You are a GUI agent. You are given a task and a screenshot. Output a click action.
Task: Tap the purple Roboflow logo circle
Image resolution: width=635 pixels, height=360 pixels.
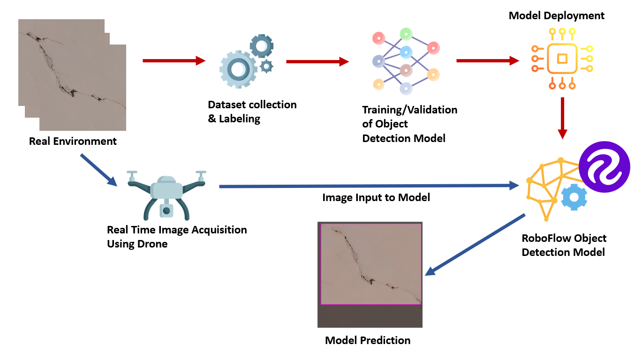coord(604,167)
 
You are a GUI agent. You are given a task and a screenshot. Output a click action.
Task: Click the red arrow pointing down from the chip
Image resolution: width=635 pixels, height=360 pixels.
coord(563,118)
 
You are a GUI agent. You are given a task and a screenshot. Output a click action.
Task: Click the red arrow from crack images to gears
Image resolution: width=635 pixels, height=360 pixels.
coord(174,60)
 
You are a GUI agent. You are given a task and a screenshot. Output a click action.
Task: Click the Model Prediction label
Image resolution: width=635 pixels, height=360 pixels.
coord(368,340)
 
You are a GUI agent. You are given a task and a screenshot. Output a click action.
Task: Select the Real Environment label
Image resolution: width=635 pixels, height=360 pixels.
coord(73,141)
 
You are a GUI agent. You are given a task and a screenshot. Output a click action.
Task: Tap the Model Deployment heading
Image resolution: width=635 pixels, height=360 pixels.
coord(557,15)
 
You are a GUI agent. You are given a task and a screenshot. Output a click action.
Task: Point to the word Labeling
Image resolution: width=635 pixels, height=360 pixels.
coord(240,119)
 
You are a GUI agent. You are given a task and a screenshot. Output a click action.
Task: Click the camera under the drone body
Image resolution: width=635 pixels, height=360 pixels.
coord(166,210)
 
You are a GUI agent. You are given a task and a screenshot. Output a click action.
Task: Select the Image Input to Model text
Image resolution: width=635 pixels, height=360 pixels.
coord(376,198)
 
